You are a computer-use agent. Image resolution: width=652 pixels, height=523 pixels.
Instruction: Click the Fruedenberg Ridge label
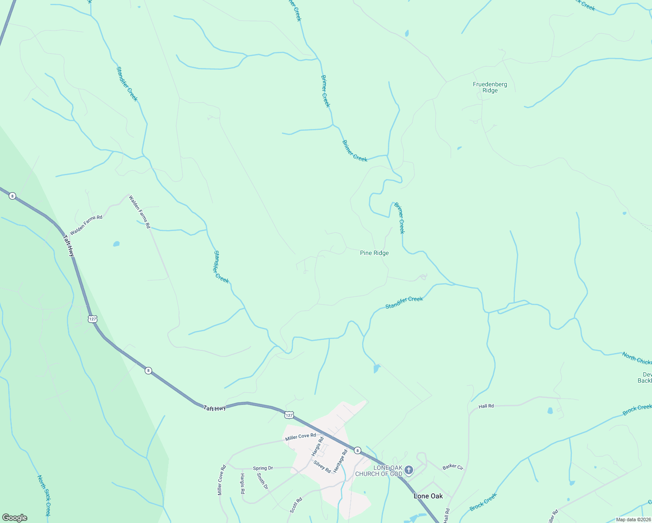[x=490, y=88]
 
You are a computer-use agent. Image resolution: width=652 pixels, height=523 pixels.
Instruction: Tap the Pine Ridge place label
[x=374, y=253]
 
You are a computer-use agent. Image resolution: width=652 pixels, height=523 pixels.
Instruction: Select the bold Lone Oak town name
[x=428, y=496]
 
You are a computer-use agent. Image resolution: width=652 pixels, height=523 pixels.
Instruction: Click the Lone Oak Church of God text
[x=379, y=471]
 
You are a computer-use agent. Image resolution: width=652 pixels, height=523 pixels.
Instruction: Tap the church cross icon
[x=408, y=470]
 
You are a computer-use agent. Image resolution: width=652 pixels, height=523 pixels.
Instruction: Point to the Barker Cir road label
[x=453, y=467]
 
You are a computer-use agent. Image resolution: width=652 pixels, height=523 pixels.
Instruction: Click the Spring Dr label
[x=263, y=468]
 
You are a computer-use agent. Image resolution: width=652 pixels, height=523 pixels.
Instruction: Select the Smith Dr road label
[x=262, y=481]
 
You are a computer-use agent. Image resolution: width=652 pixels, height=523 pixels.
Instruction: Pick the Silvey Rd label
[x=322, y=466]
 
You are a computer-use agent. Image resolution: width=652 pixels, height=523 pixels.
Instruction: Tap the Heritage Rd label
[x=340, y=461]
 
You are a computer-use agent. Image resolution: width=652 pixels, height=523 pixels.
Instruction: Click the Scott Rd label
[x=296, y=505]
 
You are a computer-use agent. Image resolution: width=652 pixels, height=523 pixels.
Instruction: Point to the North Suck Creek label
[x=44, y=496]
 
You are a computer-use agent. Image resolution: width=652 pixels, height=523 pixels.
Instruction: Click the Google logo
[x=14, y=518]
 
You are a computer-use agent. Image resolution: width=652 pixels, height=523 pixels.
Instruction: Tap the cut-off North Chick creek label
[x=637, y=358]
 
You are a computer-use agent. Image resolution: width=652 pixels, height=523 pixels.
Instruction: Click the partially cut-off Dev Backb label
[x=645, y=377]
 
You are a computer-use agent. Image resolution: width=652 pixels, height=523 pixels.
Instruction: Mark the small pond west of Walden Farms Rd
[x=116, y=244]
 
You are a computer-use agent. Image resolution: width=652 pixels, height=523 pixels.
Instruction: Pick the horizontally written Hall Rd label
[x=486, y=406]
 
